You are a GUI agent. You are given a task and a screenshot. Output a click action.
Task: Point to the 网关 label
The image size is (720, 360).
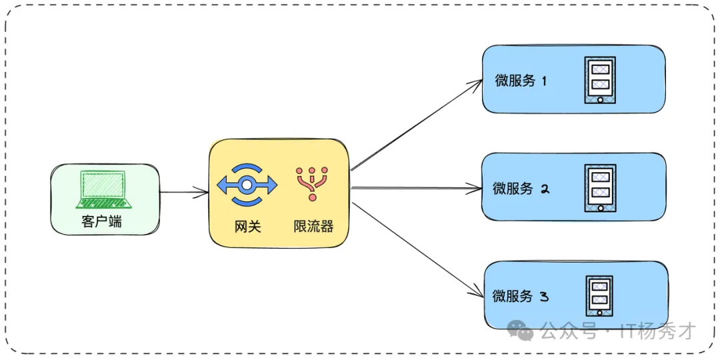pos(247,227)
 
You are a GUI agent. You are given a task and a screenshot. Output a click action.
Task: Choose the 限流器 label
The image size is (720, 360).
pos(313,227)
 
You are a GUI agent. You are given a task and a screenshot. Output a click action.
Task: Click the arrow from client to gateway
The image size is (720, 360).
pos(184,193)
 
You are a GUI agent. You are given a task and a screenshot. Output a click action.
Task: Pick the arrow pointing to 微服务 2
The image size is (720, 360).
pos(417,189)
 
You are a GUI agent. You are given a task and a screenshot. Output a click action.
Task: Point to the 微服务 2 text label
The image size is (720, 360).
pos(513,189)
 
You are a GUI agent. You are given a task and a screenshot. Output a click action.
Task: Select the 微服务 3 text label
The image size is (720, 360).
pos(513,296)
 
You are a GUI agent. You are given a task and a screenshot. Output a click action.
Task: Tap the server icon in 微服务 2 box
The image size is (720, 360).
pos(600,188)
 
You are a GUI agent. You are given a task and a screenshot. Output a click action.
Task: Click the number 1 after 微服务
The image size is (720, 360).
pos(543,81)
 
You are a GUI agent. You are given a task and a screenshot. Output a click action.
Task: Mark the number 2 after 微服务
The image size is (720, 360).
pos(544,189)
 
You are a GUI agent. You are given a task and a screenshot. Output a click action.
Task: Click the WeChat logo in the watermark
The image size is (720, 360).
pos(519,329)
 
